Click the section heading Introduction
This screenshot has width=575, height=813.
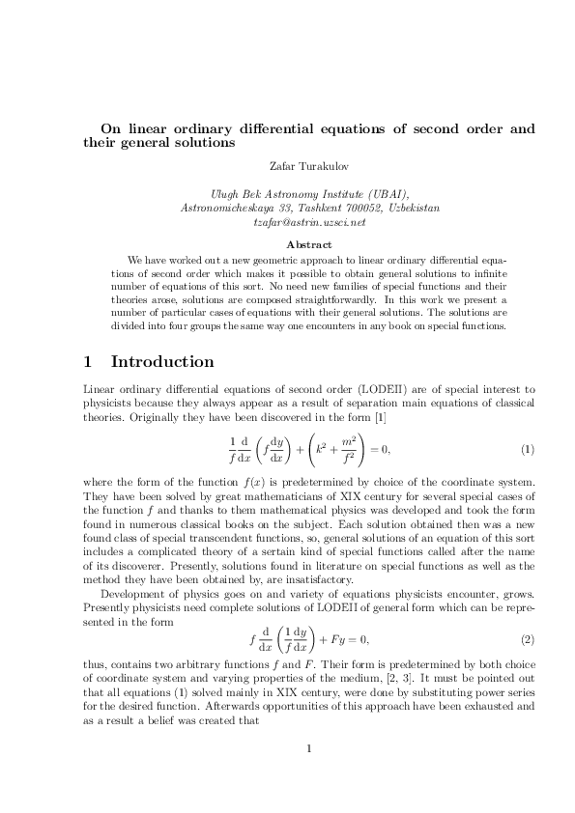click(x=162, y=362)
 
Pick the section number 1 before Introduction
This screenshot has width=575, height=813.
click(x=89, y=362)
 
